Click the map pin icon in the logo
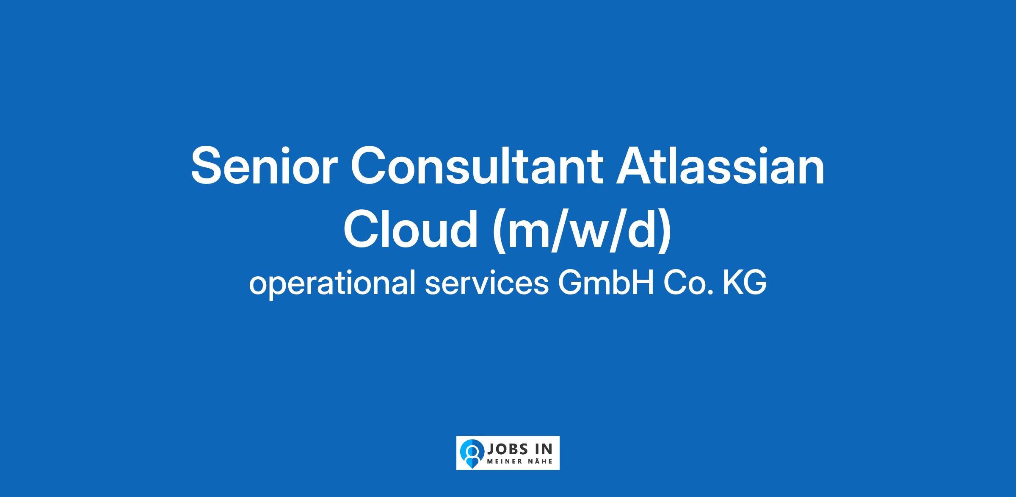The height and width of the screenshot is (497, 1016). (x=472, y=453)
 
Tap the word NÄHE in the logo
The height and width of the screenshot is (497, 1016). (x=540, y=461)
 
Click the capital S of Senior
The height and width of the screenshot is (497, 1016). (x=207, y=166)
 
